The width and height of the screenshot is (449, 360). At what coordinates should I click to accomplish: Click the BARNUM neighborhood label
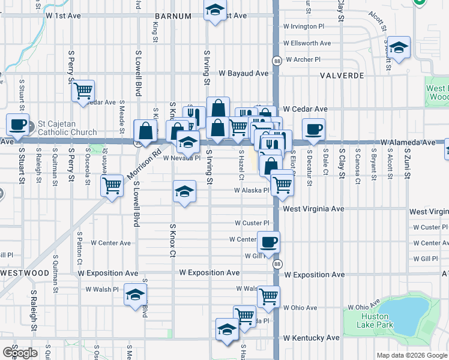tap(172, 16)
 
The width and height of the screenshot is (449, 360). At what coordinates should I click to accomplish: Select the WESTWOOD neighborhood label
tap(25, 273)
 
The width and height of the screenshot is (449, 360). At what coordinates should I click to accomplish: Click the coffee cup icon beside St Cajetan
tap(17, 125)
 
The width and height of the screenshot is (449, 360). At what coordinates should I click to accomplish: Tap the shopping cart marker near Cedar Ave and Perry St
tap(83, 91)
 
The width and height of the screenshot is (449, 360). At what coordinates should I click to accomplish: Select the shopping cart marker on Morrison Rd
tap(111, 187)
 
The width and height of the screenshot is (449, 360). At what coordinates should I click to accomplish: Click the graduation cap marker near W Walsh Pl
tap(135, 295)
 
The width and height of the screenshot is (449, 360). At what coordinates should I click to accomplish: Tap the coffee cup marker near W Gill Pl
tap(268, 242)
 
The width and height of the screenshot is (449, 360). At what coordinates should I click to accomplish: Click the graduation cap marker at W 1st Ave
tap(214, 10)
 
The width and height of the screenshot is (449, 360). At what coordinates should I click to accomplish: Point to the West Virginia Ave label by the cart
tap(313, 209)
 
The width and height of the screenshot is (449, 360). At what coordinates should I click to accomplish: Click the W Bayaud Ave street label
tap(243, 73)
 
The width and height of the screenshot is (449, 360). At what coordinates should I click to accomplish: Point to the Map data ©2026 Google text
tap(412, 355)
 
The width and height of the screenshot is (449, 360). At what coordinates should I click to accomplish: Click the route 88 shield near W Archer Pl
tap(277, 61)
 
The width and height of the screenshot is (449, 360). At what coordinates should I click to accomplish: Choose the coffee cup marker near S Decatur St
tap(313, 129)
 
